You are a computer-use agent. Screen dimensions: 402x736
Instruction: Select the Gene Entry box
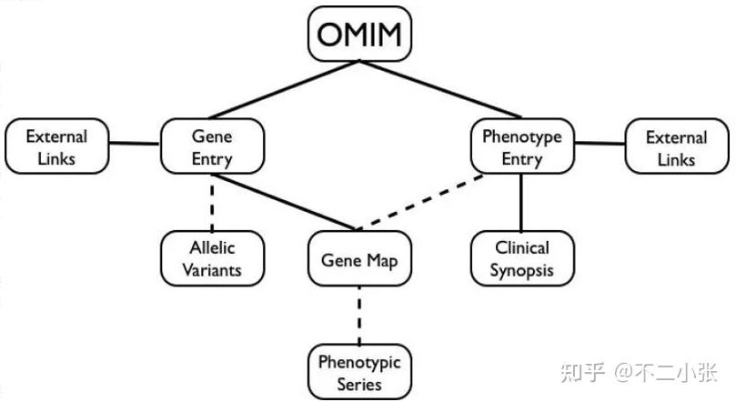[x=212, y=147]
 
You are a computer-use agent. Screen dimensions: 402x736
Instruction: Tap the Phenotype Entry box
[x=521, y=147]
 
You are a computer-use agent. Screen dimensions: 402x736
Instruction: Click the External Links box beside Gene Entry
[x=56, y=147]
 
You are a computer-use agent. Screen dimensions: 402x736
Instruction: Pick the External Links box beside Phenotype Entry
[x=676, y=147]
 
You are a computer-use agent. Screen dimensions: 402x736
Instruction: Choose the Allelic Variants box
[x=212, y=258]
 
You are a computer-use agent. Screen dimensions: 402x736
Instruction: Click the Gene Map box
[x=359, y=259]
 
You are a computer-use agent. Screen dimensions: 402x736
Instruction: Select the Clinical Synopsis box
[x=521, y=258]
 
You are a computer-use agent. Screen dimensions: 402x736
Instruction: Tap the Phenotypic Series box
[x=359, y=372]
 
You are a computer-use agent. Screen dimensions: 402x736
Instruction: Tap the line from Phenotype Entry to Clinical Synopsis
[x=521, y=202]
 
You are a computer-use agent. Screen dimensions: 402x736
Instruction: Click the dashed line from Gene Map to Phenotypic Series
[x=359, y=315]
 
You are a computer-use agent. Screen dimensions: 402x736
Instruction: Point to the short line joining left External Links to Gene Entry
[x=135, y=143]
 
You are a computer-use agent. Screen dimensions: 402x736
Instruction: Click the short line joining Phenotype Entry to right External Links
[x=600, y=143]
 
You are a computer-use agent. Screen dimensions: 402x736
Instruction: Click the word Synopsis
[x=521, y=270]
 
